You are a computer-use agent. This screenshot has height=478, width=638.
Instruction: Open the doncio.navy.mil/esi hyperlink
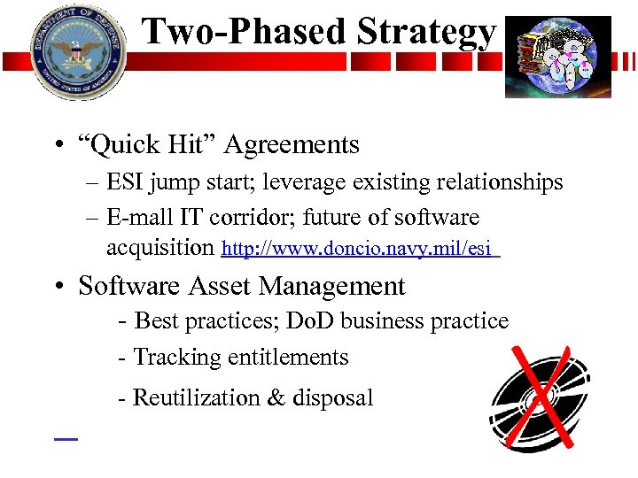pyautogui.click(x=360, y=250)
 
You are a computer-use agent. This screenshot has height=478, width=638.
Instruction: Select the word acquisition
pyautogui.click(x=160, y=248)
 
